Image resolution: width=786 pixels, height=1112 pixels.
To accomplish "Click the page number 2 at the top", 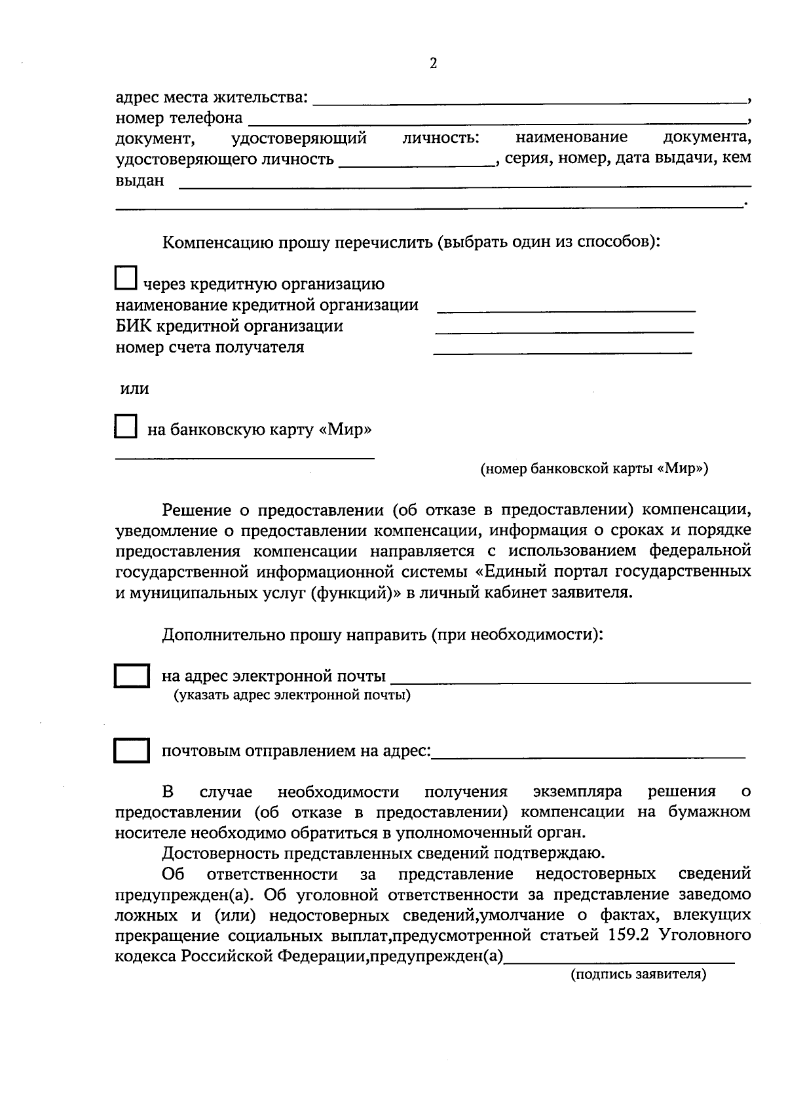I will (x=432, y=64).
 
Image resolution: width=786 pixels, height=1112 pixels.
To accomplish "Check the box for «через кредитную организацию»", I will (x=125, y=278).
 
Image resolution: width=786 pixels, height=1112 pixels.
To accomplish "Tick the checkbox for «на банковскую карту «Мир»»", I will (x=125, y=427).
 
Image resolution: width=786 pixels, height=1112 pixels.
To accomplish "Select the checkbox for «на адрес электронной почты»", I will (x=132, y=676).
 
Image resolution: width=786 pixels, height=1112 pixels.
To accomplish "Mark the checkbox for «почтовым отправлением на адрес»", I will (x=132, y=751).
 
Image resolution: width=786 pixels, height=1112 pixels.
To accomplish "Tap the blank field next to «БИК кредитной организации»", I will (x=564, y=331).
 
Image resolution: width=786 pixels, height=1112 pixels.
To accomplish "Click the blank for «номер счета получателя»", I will (x=563, y=353).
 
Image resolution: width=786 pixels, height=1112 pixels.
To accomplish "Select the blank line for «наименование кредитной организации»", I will (x=565, y=310).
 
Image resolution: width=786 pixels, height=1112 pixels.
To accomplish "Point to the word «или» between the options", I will (x=134, y=389).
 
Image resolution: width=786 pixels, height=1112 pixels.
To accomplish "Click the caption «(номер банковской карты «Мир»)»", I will (x=593, y=469).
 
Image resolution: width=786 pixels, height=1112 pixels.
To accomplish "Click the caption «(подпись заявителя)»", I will (x=638, y=974).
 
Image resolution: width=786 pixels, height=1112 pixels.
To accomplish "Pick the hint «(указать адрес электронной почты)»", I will (x=291, y=695).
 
